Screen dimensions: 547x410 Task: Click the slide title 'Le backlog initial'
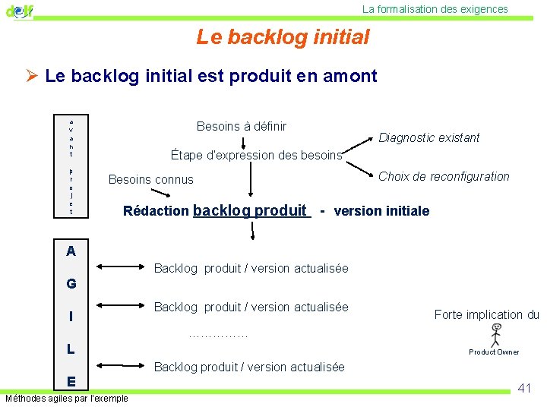[283, 36]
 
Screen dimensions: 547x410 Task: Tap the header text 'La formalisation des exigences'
[435, 9]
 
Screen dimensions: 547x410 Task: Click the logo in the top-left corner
[20, 11]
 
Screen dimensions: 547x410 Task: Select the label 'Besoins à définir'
[242, 126]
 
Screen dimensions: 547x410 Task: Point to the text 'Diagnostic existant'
[429, 137]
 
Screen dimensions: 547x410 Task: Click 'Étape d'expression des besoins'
[257, 155]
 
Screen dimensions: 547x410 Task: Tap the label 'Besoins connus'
[151, 180]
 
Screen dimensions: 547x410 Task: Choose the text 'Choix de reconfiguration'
[444, 176]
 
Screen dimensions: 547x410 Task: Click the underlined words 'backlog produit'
[251, 210]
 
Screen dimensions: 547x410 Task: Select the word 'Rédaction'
[156, 211]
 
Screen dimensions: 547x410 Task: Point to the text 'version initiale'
[381, 211]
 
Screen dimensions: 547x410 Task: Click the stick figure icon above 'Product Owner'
[495, 335]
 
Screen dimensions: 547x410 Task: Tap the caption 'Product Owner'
[494, 352]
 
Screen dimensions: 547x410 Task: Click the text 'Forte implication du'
[486, 314]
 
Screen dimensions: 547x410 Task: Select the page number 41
[524, 388]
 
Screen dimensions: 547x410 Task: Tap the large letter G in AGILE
[71, 284]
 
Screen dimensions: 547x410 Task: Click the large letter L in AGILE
[71, 349]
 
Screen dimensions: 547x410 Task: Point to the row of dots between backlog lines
[218, 335]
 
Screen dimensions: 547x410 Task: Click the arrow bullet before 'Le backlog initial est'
[32, 76]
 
